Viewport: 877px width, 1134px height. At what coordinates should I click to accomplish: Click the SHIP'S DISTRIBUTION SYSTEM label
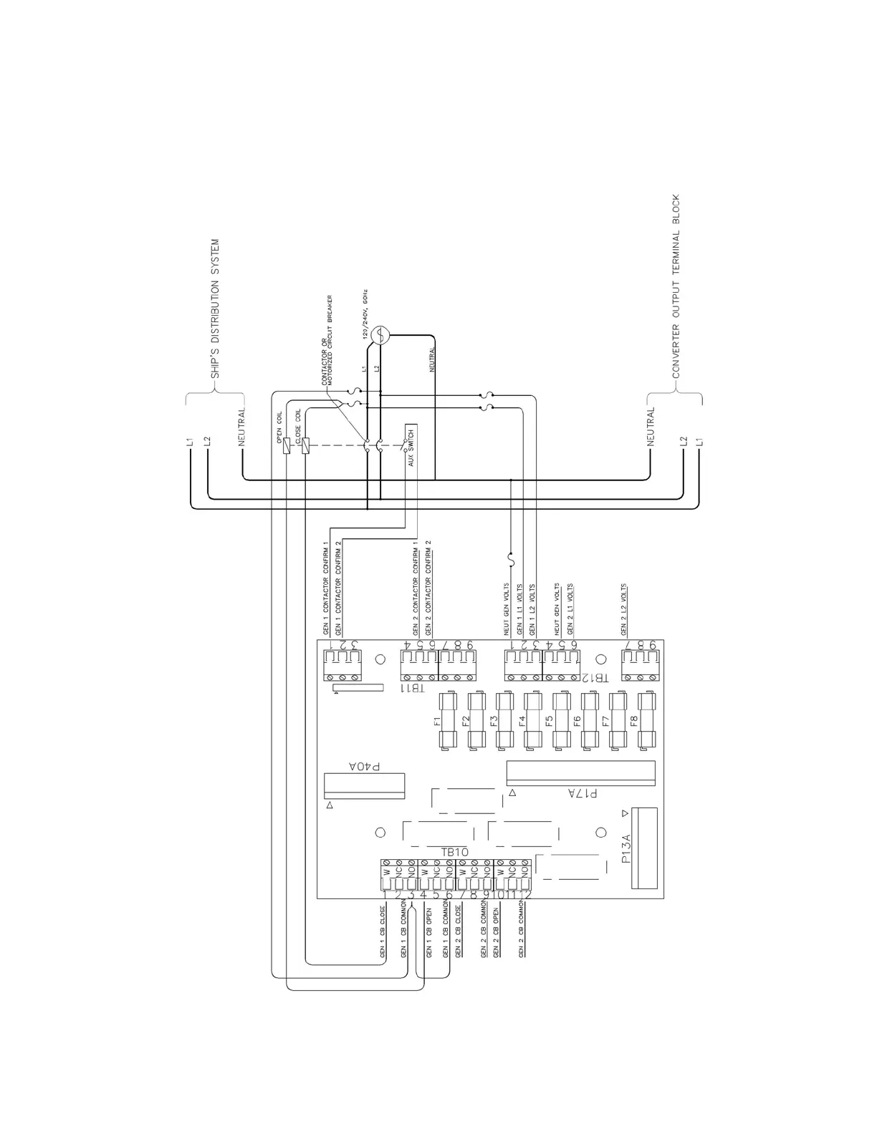click(x=215, y=309)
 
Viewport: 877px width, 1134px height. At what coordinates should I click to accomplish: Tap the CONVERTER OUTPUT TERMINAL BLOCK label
click(x=676, y=286)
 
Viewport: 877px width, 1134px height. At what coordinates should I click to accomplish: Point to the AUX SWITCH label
click(x=411, y=447)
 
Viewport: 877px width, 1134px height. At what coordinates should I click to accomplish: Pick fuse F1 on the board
click(x=451, y=721)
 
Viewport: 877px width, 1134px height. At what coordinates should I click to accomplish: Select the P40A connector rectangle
click(x=364, y=785)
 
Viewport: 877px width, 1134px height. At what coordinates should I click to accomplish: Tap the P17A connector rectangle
click(x=580, y=772)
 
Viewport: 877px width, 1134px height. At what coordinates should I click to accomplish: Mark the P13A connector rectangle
click(x=644, y=848)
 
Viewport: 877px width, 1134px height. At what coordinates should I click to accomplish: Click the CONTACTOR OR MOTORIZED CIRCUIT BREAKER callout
click(x=328, y=340)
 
